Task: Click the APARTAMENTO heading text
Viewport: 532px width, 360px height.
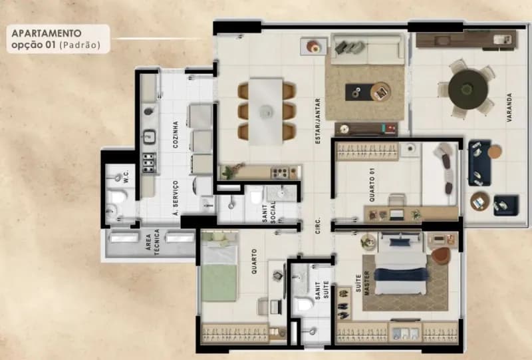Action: [x=47, y=33]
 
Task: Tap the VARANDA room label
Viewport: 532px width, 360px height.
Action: [x=509, y=108]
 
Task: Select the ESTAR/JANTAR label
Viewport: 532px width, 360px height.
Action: [x=318, y=121]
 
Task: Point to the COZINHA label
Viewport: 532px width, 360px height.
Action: [x=176, y=135]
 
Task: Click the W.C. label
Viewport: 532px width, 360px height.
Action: [x=126, y=177]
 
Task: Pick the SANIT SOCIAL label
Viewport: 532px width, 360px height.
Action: [x=269, y=212]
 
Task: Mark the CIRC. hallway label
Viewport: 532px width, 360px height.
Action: [x=318, y=225]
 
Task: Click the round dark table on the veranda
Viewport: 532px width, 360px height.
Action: [x=468, y=90]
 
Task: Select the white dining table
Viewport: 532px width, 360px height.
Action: [x=267, y=112]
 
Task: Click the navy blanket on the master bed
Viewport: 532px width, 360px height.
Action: [x=402, y=274]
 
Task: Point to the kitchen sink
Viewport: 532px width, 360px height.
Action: [x=149, y=136]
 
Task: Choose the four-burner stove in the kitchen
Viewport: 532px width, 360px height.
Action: [x=149, y=162]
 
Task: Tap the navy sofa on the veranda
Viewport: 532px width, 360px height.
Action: [x=479, y=163]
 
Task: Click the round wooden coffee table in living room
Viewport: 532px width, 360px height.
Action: [x=380, y=91]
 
